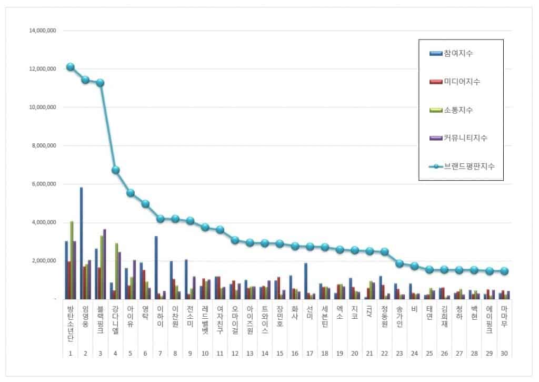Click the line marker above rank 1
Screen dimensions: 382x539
pos(71,67)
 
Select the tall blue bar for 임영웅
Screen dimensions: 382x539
pos(81,242)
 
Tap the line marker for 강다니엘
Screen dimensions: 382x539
pos(116,170)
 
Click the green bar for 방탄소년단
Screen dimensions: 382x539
pos(72,260)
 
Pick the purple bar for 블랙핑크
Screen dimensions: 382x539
pos(105,263)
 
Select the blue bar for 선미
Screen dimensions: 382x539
pos(305,280)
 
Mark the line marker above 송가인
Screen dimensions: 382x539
pos(400,263)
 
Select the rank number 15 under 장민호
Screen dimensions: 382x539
pos(280,354)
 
